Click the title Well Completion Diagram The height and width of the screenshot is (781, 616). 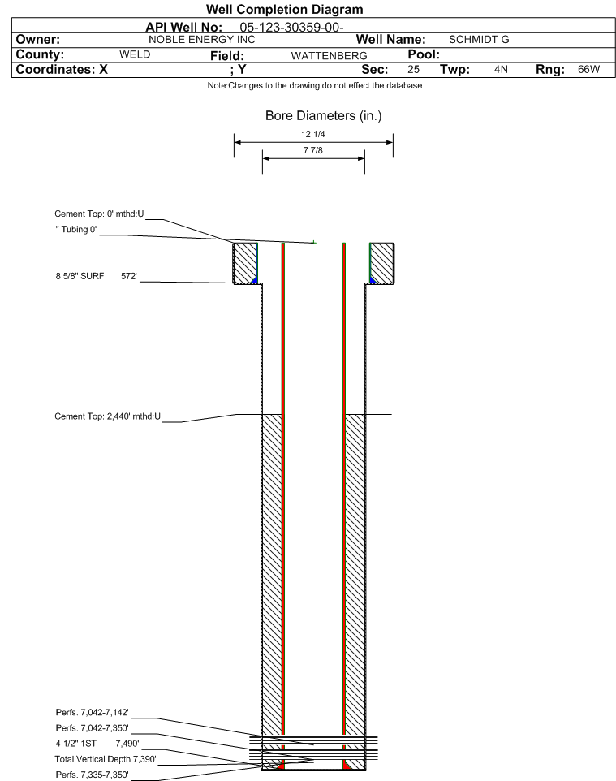pyautogui.click(x=284, y=10)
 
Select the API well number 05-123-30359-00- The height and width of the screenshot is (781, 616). pyautogui.click(x=292, y=28)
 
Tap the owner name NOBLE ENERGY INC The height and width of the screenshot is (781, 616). pyautogui.click(x=202, y=40)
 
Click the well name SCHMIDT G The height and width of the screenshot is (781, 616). pyautogui.click(x=479, y=40)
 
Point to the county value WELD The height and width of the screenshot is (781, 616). pyautogui.click(x=135, y=54)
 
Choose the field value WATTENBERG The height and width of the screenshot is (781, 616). pyautogui.click(x=330, y=56)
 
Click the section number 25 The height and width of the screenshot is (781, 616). pyautogui.click(x=413, y=70)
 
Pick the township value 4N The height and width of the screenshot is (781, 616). pyautogui.click(x=501, y=70)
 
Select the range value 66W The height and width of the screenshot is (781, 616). pyautogui.click(x=588, y=70)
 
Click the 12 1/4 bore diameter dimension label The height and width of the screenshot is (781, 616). pyautogui.click(x=313, y=134)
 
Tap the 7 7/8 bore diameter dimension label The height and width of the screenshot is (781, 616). pyautogui.click(x=313, y=150)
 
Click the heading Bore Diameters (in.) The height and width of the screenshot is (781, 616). pyautogui.click(x=324, y=116)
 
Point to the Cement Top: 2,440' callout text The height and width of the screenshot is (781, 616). pyautogui.click(x=108, y=416)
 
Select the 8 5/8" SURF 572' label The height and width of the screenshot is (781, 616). pyautogui.click(x=96, y=276)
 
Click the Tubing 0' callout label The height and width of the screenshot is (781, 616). pyautogui.click(x=76, y=230)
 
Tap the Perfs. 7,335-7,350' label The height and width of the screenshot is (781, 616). pyautogui.click(x=93, y=775)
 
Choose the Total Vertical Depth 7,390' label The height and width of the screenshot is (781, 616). pyautogui.click(x=106, y=759)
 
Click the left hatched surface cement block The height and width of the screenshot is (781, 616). pyautogui.click(x=245, y=263)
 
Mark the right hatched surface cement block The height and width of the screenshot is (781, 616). pyautogui.click(x=382, y=263)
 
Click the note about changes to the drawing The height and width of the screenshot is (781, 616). pyautogui.click(x=315, y=86)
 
